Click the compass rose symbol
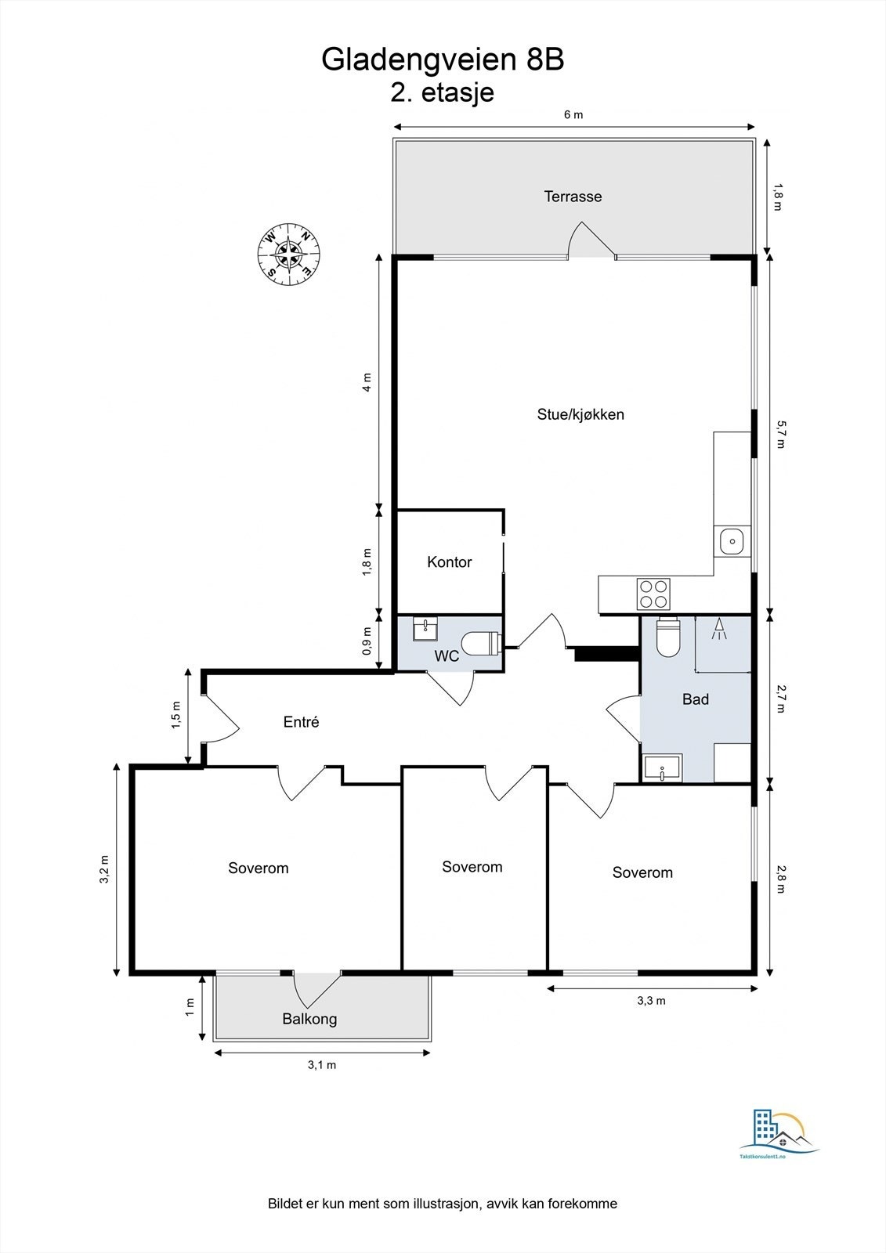coord(289,254)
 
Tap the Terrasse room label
coord(573,197)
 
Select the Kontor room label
coord(450,562)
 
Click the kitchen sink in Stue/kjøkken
coord(732,541)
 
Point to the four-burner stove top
coord(653,594)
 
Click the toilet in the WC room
coord(482,643)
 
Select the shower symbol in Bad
coord(718,629)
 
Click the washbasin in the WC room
coord(426,628)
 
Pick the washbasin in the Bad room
coord(663,767)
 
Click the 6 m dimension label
coord(573,114)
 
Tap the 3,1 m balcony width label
coord(322,1065)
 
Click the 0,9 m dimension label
coord(367,641)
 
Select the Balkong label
coord(309,1019)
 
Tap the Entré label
coord(301,722)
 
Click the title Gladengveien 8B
coord(443,60)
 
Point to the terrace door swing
coord(591,240)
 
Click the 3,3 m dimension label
coord(652,1001)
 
